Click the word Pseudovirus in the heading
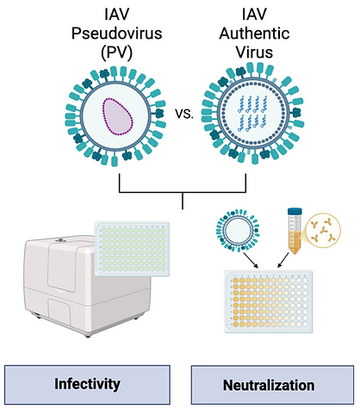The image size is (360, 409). point(116,33)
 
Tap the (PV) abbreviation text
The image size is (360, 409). point(116,53)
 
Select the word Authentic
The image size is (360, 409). point(254,33)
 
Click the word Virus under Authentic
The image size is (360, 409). point(254,53)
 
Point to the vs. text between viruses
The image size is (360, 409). point(184,114)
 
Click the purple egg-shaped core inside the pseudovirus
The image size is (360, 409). point(118,116)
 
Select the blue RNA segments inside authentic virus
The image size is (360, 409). point(253,114)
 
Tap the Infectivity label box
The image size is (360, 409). point(87,384)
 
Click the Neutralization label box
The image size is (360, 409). point(272,385)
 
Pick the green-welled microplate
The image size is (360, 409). point(132,249)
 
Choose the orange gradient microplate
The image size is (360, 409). point(269,301)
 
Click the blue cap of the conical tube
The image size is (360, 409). point(295,211)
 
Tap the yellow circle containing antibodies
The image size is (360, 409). point(323,230)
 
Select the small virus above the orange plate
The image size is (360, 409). point(238,230)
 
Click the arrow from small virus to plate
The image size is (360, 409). point(251,260)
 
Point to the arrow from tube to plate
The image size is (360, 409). point(283,260)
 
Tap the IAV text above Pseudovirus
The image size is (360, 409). point(116,15)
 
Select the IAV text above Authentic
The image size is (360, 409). point(254,15)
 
